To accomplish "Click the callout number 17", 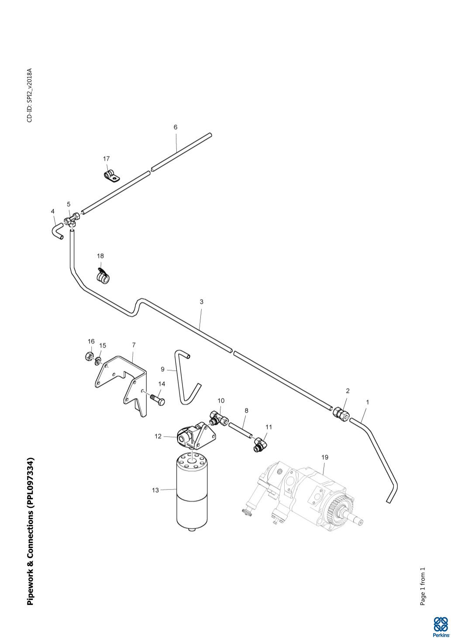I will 107,159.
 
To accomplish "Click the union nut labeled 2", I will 341,414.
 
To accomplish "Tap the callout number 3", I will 201,302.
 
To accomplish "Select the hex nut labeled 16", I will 89,356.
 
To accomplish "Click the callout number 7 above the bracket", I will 134,345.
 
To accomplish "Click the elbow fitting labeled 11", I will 260,445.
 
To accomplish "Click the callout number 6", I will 176,128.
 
